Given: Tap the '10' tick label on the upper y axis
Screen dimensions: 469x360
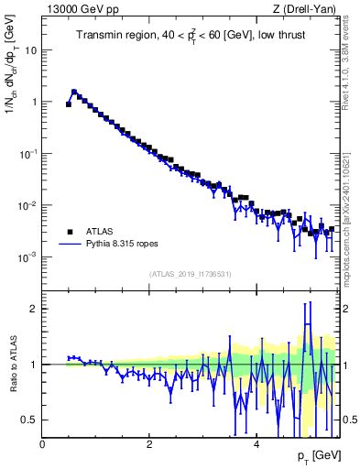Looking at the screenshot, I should pyautogui.click(x=30, y=50).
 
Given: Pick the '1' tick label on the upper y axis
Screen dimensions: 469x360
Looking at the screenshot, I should pyautogui.click(x=33, y=103).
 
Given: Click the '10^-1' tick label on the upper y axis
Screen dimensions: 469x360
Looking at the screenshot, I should pyautogui.click(x=28, y=153).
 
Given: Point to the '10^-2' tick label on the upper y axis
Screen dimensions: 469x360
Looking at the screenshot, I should pyautogui.click(x=28, y=205).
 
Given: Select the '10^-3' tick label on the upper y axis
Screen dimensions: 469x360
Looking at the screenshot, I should pyautogui.click(x=28, y=256).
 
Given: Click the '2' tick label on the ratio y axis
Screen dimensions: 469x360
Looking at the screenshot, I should pyautogui.click(x=33, y=309).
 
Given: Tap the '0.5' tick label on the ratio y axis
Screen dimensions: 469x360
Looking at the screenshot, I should pyautogui.click(x=29, y=420).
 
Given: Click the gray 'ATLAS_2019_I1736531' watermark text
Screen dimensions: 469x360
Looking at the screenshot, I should pyautogui.click(x=189, y=274).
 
